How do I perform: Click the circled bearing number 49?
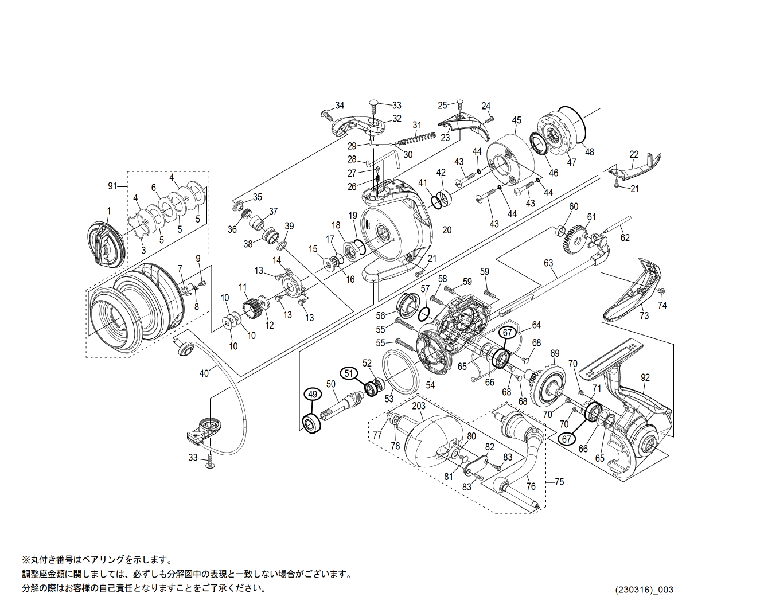[312, 394]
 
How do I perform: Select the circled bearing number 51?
[349, 373]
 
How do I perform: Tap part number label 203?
[419, 406]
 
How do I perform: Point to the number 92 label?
[645, 377]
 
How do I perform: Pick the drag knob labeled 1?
[106, 245]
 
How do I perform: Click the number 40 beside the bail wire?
[204, 373]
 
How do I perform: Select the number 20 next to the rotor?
[447, 230]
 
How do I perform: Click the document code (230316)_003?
[645, 590]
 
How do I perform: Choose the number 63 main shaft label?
[548, 263]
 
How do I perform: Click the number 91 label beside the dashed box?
[112, 186]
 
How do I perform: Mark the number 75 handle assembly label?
[559, 482]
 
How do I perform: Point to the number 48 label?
[589, 152]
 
